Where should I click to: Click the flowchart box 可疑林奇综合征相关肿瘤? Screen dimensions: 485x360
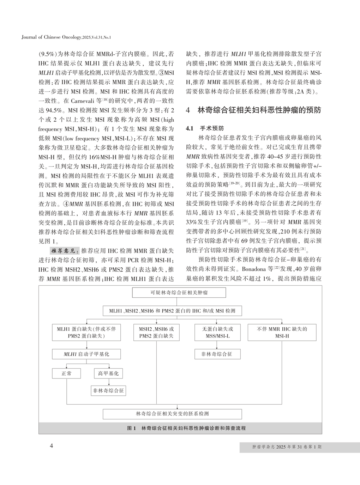179,293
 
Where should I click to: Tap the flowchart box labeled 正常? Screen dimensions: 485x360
66,373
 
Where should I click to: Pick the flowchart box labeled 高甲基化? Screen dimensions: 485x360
108,373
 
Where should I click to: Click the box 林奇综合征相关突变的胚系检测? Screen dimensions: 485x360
172,414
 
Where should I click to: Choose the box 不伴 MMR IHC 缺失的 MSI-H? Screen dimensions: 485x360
282,332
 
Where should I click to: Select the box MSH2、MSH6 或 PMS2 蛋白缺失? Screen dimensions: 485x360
156,332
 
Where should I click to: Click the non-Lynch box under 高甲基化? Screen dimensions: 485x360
108,391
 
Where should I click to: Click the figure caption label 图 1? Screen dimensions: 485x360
131,428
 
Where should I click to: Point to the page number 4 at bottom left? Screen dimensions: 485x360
51,446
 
